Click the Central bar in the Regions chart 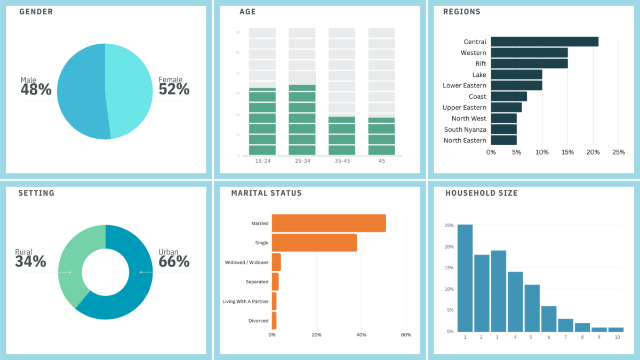coord(544,42)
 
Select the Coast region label coord(477,97)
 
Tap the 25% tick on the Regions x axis coord(618,152)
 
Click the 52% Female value coord(174,89)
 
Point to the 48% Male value coord(36,90)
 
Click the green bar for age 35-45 coord(342,136)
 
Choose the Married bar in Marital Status coord(329,223)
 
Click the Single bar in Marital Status coord(314,243)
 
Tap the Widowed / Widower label coord(247,262)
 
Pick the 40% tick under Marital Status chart coord(361,335)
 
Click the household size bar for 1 coord(465,278)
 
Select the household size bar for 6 coord(549,318)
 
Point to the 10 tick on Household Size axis coord(617,337)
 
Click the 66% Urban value coord(174,261)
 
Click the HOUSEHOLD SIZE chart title coord(481,193)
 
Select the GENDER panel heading coord(36,12)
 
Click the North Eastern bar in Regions coord(503,140)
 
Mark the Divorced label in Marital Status coord(258,321)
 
